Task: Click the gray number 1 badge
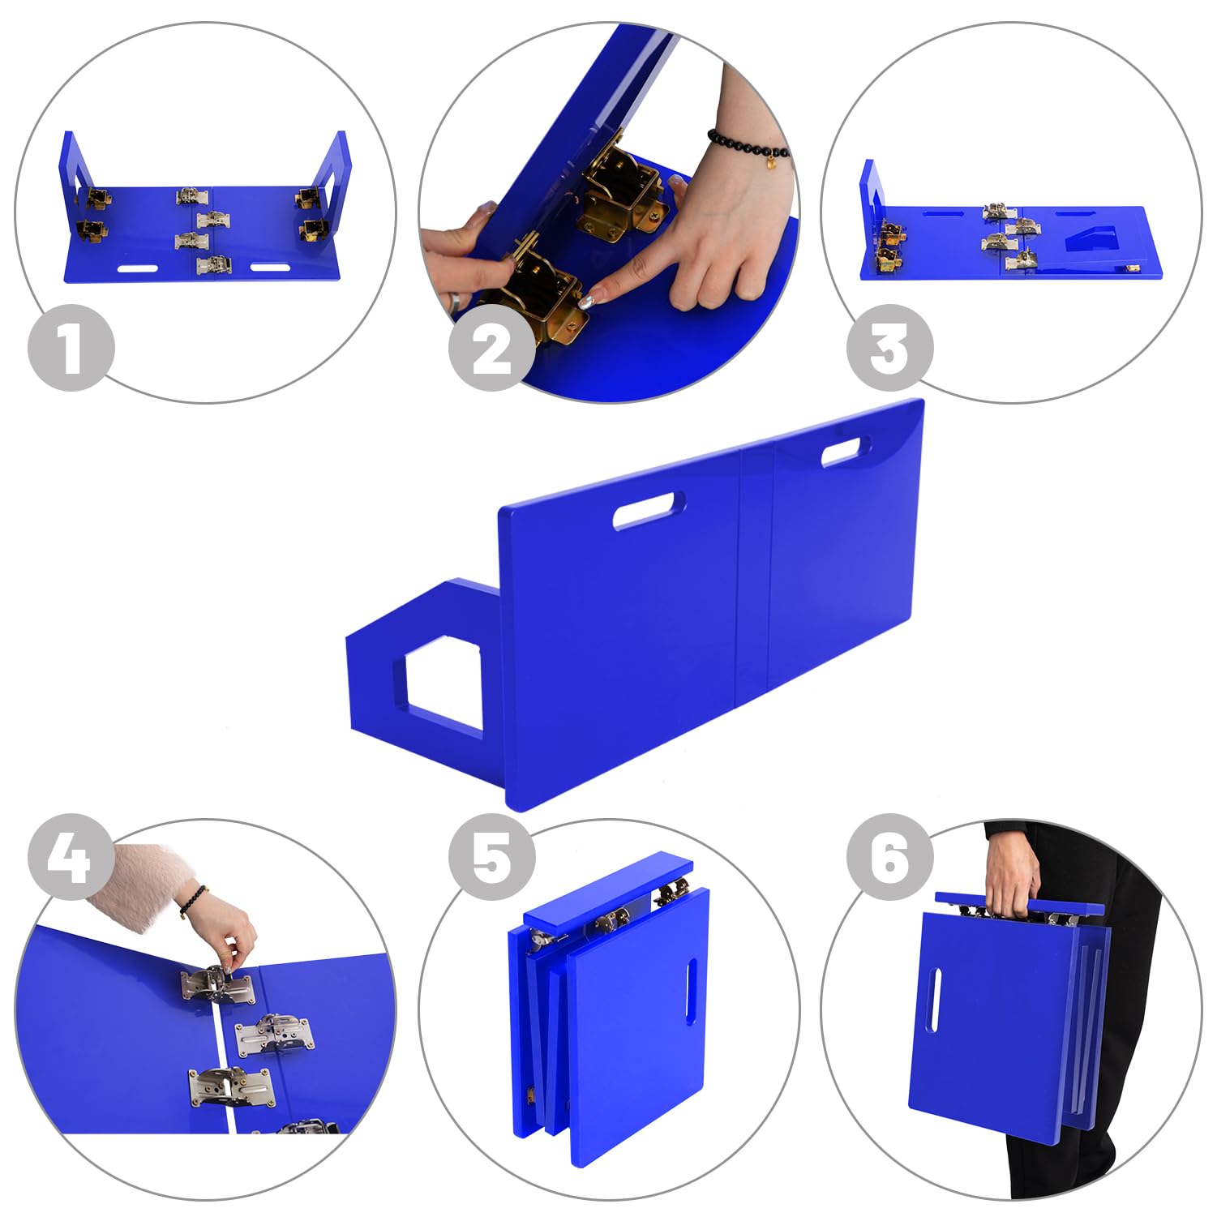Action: point(71,348)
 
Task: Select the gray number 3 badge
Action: point(889,348)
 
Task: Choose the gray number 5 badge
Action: point(492,857)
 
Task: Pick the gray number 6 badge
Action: point(889,857)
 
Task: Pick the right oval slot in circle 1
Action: point(270,268)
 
